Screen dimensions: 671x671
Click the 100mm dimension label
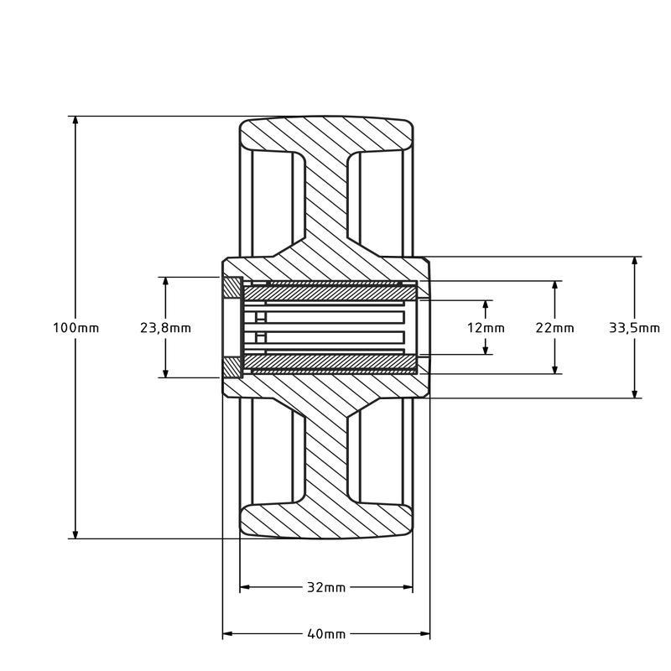tap(75, 328)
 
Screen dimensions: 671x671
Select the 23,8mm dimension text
tap(165, 328)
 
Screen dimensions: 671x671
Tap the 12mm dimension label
tap(486, 328)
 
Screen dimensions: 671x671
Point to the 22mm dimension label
tap(554, 328)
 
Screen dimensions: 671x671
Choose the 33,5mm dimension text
tap(634, 328)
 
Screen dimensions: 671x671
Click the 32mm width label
tap(326, 587)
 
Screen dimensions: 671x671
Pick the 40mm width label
tap(326, 633)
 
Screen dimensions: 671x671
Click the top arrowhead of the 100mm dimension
tap(75, 120)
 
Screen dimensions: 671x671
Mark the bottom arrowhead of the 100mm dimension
tap(75, 534)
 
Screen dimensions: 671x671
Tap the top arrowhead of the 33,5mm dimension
tap(635, 261)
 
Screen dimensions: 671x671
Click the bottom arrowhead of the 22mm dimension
tap(555, 369)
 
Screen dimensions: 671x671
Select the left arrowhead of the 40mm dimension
tap(227, 633)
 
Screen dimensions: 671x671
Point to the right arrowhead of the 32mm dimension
tap(408, 587)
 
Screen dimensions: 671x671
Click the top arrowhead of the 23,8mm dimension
tap(165, 282)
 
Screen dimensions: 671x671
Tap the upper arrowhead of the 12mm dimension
tap(486, 304)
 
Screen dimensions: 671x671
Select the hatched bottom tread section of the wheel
tap(326, 521)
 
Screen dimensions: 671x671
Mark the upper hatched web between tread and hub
tap(326, 205)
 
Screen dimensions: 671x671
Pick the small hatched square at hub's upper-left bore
tap(233, 288)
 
